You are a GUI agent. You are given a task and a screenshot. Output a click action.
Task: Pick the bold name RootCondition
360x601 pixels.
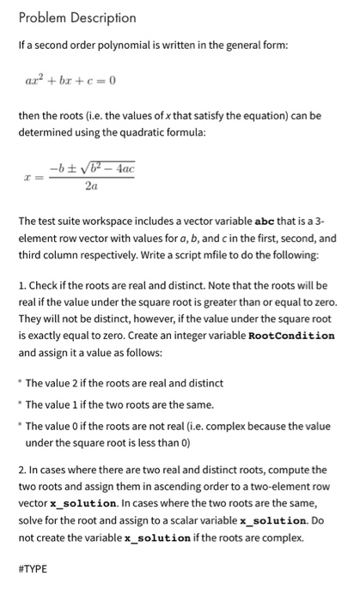coord(292,335)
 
